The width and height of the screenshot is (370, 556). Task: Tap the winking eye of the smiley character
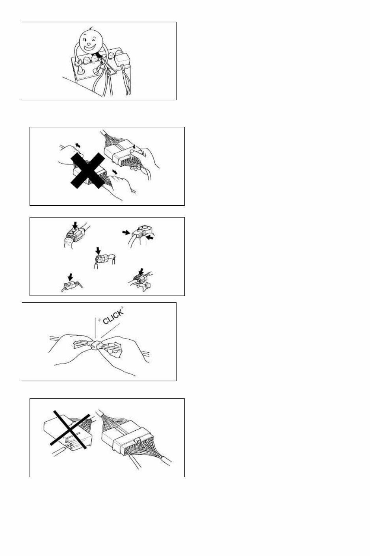point(95,40)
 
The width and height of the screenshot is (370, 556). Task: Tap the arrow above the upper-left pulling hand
point(78,145)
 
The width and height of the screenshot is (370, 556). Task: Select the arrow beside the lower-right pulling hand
point(115,172)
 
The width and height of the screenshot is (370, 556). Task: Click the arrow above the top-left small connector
point(75,225)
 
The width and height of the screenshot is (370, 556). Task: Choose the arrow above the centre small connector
point(99,251)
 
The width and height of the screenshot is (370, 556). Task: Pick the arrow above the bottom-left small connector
point(70,276)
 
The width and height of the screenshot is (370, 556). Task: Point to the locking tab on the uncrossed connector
point(138,439)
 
